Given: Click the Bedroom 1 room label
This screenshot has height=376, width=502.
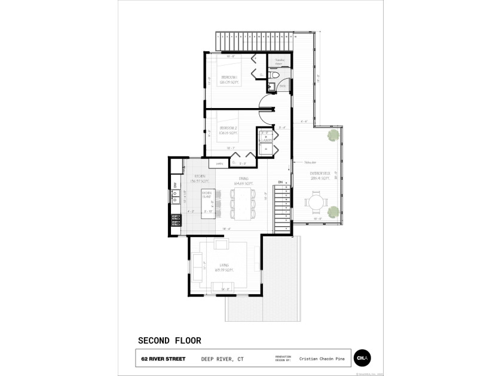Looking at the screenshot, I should pos(229,79).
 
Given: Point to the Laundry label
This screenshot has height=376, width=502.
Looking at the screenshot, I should pos(267,140).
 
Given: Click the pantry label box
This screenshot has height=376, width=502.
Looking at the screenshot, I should pos(219,162).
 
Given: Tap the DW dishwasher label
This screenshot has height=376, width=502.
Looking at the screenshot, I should pos(175,184).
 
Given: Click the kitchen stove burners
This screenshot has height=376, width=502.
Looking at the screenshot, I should pos(176,221).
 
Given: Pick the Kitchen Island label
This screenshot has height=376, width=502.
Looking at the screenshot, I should pos(207,193).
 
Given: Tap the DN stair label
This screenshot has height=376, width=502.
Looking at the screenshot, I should pos(280,183).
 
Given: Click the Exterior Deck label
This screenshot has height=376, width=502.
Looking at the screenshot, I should pos(320,176).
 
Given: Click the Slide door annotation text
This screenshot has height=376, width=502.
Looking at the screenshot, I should pos(310,162).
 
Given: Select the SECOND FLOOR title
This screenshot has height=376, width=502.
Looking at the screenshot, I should pos(170,341).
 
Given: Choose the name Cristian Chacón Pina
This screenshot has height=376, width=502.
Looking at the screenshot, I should pos(323,359).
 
